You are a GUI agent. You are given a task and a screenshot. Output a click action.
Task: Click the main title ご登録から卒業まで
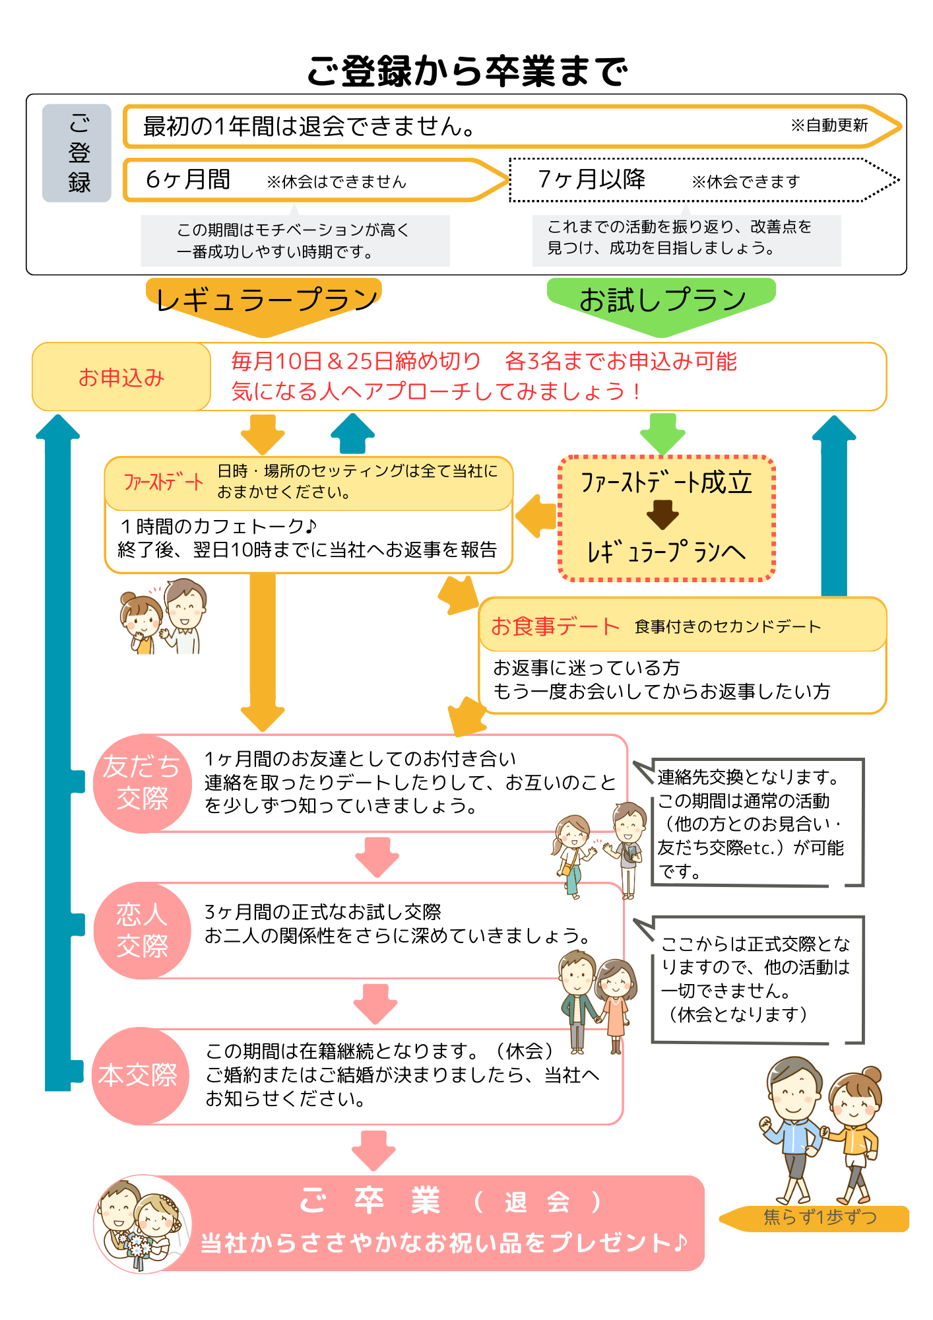click(466, 71)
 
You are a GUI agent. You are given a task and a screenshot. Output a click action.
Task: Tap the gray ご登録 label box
click(77, 153)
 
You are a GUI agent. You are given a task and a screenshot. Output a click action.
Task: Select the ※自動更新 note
click(829, 125)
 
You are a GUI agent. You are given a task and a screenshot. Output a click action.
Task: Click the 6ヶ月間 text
click(188, 180)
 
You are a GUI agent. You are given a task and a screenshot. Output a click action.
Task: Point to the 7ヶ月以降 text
click(591, 180)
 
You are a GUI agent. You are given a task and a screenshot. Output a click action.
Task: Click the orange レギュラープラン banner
click(265, 301)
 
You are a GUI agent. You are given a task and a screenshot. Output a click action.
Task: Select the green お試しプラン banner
click(662, 301)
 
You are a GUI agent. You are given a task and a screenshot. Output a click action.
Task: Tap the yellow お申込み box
click(121, 378)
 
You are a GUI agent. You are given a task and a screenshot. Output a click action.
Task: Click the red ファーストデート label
click(163, 482)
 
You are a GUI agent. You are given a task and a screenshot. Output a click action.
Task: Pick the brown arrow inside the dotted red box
click(662, 514)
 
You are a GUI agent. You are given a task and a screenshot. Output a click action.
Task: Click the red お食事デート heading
click(554, 626)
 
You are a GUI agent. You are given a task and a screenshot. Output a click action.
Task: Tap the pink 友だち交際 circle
click(142, 783)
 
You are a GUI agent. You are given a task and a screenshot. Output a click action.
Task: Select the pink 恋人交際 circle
click(142, 931)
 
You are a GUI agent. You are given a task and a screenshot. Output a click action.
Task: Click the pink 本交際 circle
click(139, 1075)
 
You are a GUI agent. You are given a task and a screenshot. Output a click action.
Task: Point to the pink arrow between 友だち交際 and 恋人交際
click(377, 857)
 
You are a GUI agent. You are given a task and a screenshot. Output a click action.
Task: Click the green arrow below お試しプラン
click(662, 433)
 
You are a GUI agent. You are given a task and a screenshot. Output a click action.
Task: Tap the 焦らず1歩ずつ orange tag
click(818, 1218)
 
